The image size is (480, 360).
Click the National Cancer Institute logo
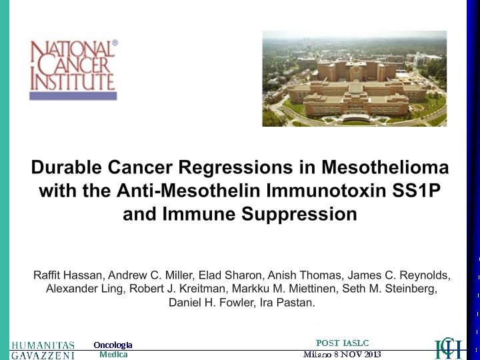coord(73,69)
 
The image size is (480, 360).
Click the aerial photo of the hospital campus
coord(354,78)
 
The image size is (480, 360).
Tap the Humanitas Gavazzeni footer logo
coord(43,350)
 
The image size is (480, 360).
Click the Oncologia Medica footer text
coord(113,350)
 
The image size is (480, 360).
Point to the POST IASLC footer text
coord(342,343)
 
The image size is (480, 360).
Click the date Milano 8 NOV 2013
coord(342,354)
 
